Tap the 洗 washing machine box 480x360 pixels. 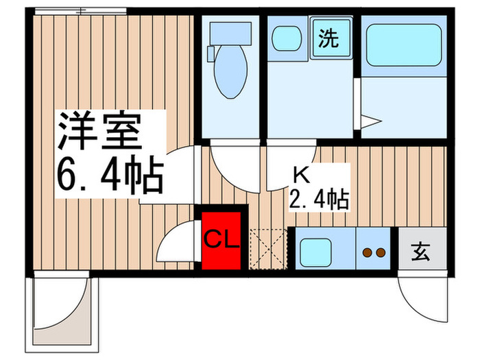click(x=328, y=39)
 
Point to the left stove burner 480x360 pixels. click(x=368, y=252)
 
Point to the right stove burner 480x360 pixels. click(x=381, y=252)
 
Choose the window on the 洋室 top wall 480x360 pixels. click(x=80, y=11)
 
